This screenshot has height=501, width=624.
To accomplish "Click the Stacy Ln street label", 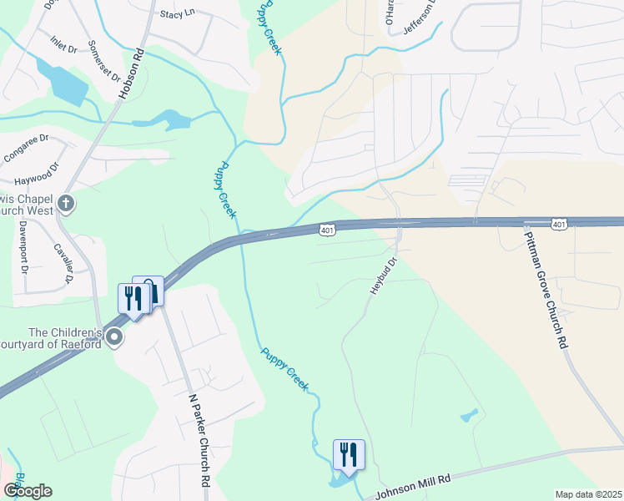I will [177, 14].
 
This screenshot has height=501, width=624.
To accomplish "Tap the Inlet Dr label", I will [63, 44].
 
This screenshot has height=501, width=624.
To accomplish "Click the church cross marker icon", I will [66, 203].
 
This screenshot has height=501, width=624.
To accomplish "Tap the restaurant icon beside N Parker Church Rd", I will [133, 298].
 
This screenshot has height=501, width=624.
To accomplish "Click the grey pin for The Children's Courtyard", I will [114, 337].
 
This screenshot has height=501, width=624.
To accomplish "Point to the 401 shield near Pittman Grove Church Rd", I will [560, 224].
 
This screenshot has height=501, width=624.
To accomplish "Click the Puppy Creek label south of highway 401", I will [284, 369].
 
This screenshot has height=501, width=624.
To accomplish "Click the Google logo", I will [28, 491].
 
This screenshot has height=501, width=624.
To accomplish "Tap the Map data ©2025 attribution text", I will [588, 494].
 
